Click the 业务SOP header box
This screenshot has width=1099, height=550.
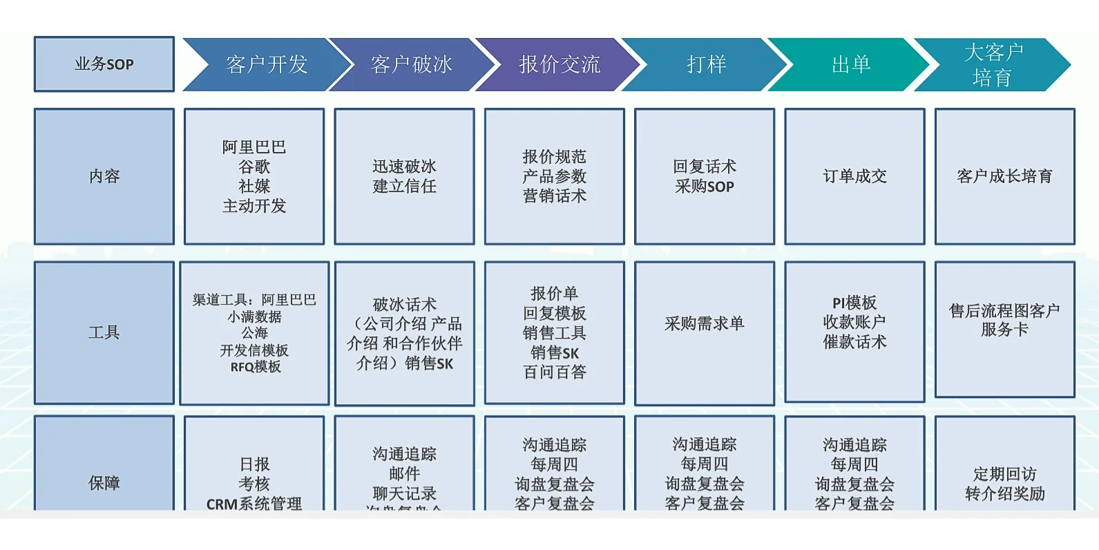point(104,64)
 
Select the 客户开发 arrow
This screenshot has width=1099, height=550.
point(267,64)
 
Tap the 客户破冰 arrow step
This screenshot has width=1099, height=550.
point(412,64)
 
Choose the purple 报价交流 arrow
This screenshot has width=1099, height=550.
point(560,64)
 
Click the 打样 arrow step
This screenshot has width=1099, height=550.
point(706,64)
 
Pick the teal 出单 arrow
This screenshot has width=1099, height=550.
point(851,64)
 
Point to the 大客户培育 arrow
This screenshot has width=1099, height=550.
point(993,64)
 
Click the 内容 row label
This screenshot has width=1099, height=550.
point(104,176)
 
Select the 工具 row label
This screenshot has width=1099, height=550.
point(104,332)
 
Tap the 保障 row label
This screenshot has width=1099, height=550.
point(104,483)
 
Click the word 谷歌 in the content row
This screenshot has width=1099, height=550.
point(254,167)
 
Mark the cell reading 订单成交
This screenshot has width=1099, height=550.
point(854,176)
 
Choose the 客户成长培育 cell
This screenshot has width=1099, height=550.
point(1004,176)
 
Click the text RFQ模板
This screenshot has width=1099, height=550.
point(256,367)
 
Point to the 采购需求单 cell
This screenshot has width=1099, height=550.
point(704,323)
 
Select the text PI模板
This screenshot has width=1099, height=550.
point(854,303)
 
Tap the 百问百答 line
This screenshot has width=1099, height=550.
point(555,372)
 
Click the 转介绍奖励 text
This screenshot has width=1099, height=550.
point(1004,494)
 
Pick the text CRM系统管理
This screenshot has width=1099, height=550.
point(254,504)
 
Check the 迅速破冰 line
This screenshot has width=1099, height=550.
point(404,167)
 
